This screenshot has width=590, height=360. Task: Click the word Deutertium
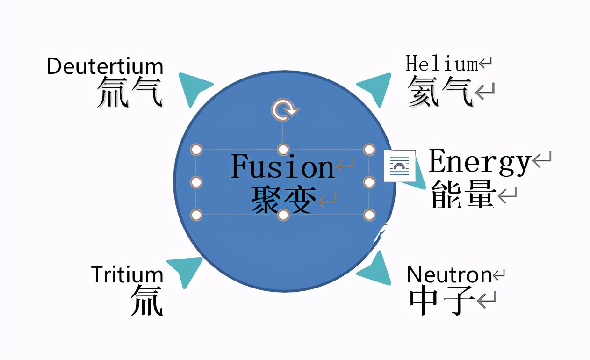click(105, 66)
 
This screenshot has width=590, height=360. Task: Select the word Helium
click(442, 64)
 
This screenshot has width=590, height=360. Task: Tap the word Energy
click(479, 162)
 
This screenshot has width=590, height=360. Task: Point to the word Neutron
click(449, 274)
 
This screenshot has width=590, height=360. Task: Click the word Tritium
click(127, 274)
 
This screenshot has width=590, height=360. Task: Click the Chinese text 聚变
click(282, 200)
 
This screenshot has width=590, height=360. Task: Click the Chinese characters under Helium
click(439, 91)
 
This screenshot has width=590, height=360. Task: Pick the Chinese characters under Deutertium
click(130, 92)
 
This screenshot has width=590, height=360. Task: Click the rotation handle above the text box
click(283, 110)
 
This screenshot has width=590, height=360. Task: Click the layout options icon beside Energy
click(399, 166)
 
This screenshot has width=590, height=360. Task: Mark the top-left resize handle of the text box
click(197, 150)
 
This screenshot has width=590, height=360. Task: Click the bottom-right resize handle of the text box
click(369, 215)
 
